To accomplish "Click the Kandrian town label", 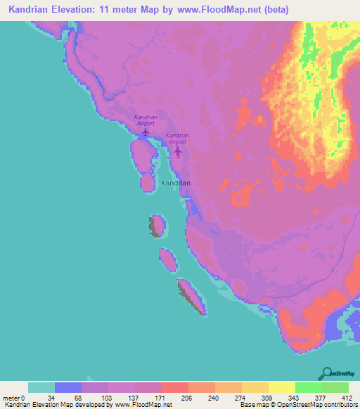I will pyautogui.click(x=176, y=183).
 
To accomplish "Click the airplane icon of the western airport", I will pyautogui.click(x=146, y=131).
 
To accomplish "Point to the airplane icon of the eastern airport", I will pyautogui.click(x=178, y=150).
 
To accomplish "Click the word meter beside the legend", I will pyautogui.click(x=11, y=398).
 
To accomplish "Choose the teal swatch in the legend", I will pyautogui.click(x=41, y=387).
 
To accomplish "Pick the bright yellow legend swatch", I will pyautogui.click(x=281, y=387).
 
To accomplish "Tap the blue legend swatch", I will pyautogui.click(x=67, y=387).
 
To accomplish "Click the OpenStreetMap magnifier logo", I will pyautogui.click(x=327, y=372).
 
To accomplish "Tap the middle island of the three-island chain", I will pyautogui.click(x=167, y=259).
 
